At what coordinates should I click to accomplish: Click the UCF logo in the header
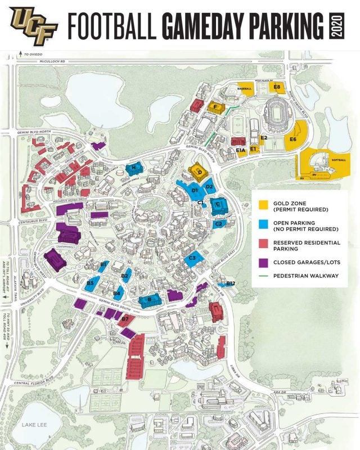tap(32, 24)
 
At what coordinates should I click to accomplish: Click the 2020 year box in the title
tap(337, 25)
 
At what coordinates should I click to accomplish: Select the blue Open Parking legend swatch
tap(263, 224)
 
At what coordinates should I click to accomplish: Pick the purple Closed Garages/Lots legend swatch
tap(263, 262)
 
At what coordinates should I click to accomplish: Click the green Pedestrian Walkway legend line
tap(263, 276)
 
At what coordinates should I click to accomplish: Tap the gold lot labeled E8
tap(277, 87)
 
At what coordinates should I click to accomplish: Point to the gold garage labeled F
tap(216, 106)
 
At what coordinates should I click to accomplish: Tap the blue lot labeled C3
tap(193, 259)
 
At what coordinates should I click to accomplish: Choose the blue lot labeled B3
tap(90, 282)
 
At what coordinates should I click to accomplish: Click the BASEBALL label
tap(245, 88)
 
